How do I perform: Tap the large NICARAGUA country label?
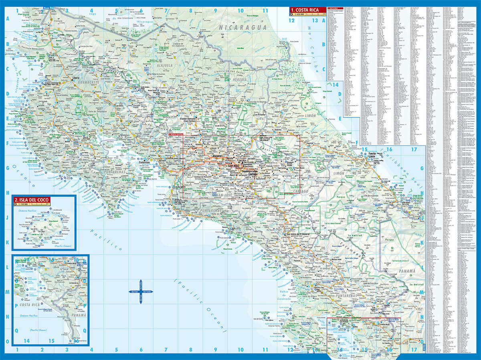click(243, 27)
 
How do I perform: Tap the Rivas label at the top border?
click(47, 8)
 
